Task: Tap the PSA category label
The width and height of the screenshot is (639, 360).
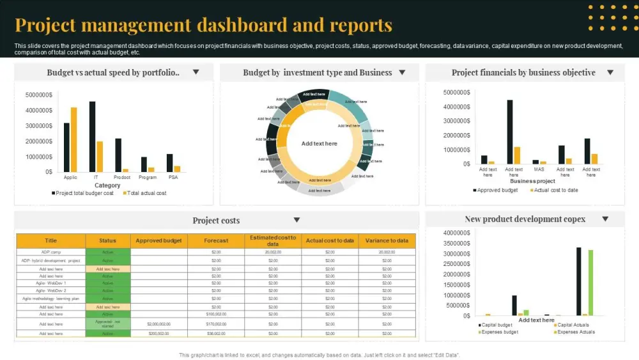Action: click(x=173, y=177)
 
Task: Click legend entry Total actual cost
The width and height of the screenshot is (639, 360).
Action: click(x=146, y=193)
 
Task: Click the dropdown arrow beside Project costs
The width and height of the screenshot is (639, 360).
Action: click(x=296, y=220)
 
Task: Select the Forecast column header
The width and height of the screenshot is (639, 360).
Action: click(x=216, y=240)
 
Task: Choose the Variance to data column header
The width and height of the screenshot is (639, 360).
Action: click(x=387, y=240)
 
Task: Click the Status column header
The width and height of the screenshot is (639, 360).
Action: click(x=108, y=240)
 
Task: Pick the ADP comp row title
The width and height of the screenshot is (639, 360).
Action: click(x=51, y=252)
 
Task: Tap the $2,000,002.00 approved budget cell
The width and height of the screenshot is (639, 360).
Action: click(x=158, y=324)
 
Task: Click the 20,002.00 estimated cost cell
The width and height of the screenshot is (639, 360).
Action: click(x=273, y=252)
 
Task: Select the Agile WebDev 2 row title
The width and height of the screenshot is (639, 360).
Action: click(x=51, y=290)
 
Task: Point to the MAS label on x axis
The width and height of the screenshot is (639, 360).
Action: click(x=539, y=170)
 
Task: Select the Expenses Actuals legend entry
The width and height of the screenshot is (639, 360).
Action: click(x=576, y=332)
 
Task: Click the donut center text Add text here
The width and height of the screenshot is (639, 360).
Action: click(x=319, y=144)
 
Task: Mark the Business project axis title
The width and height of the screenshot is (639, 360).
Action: click(x=532, y=181)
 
